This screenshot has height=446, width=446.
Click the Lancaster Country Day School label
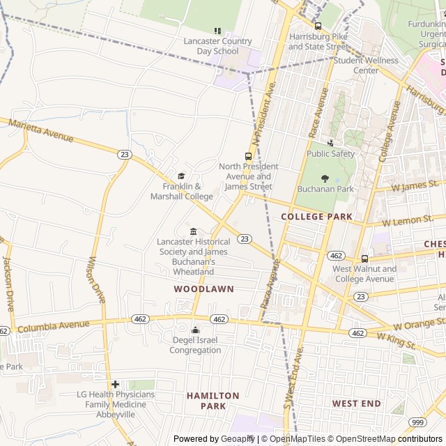(217, 46)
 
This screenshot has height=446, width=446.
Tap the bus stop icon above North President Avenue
(249, 156)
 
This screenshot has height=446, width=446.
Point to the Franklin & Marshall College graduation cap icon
(182, 176)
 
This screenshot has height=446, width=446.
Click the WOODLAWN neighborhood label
(203, 289)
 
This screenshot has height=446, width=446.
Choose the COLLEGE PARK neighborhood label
(316, 217)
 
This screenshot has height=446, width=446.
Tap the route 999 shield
(418, 422)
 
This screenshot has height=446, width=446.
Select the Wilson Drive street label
(95, 279)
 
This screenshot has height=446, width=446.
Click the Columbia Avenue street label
(53, 325)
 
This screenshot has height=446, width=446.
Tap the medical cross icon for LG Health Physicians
(115, 384)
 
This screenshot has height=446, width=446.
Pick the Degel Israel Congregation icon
(195, 330)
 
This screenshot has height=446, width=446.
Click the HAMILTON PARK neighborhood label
(213, 401)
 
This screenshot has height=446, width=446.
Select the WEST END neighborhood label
(356, 403)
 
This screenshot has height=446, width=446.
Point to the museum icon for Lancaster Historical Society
(193, 231)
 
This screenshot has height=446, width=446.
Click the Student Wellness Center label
(366, 65)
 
